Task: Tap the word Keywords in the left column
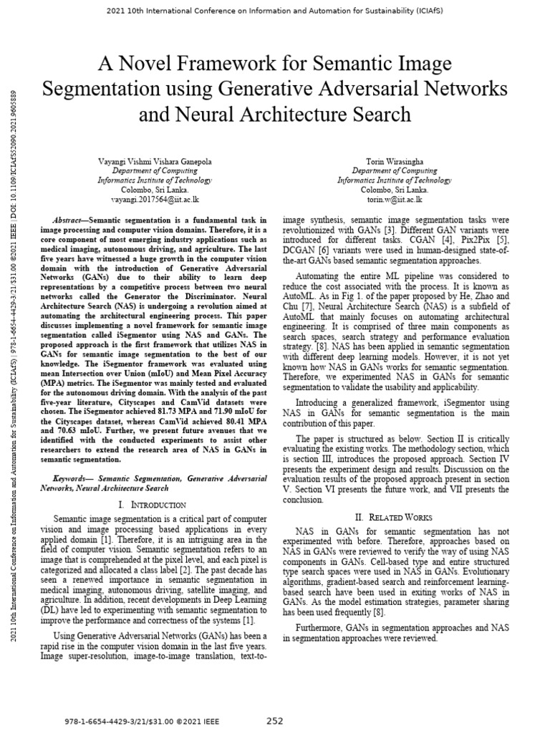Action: pyautogui.click(x=73, y=477)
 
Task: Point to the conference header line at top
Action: pyautogui.click(x=275, y=11)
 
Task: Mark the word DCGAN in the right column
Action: pyautogui.click(x=298, y=251)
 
